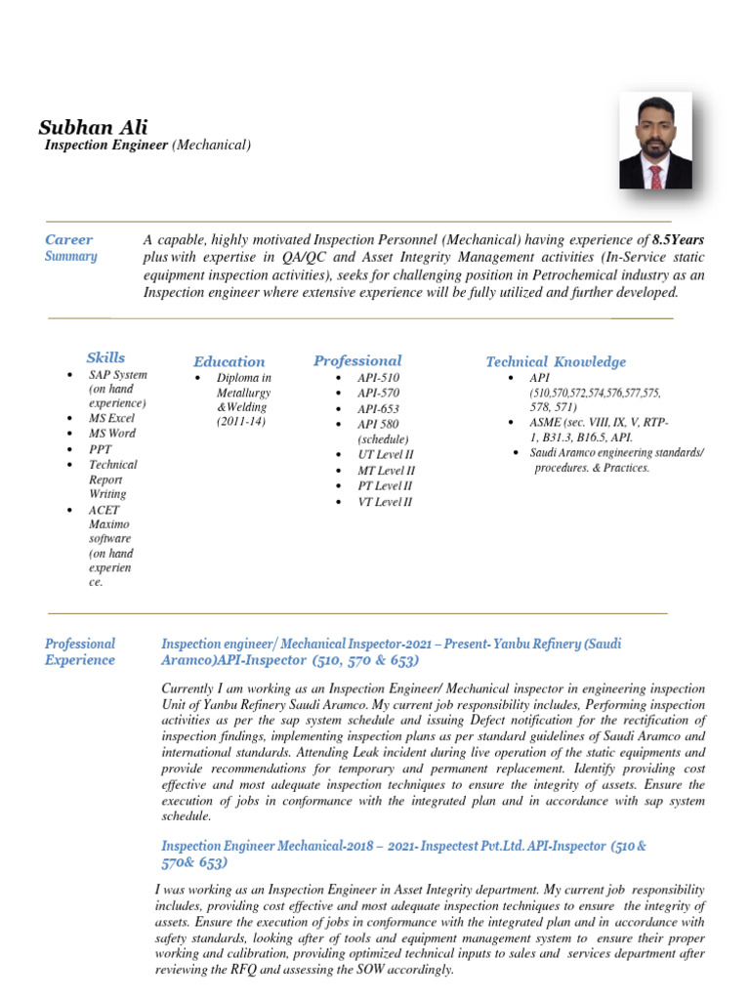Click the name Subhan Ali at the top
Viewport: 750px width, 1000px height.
pyautogui.click(x=93, y=127)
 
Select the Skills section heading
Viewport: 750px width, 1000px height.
pyautogui.click(x=105, y=357)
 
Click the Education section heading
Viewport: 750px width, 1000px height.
pyautogui.click(x=229, y=361)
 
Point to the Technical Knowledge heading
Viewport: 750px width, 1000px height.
pyautogui.click(x=556, y=361)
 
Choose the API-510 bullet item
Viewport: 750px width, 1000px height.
pyautogui.click(x=378, y=378)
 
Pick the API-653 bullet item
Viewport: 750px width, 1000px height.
pyautogui.click(x=378, y=409)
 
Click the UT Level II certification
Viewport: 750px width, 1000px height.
pyautogui.click(x=386, y=455)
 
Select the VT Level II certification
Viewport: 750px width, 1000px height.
pyautogui.click(x=385, y=502)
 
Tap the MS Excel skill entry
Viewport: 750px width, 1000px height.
pyautogui.click(x=112, y=418)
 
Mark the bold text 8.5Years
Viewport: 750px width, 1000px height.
pyautogui.click(x=678, y=240)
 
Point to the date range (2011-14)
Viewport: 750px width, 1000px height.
pyautogui.click(x=241, y=422)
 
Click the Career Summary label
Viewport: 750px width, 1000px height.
pyautogui.click(x=70, y=248)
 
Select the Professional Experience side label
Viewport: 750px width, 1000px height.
pyautogui.click(x=80, y=651)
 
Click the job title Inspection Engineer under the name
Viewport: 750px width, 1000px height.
pyautogui.click(x=106, y=146)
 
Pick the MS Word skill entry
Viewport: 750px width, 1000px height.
pyautogui.click(x=112, y=434)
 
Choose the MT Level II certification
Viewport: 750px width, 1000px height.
pyautogui.click(x=386, y=471)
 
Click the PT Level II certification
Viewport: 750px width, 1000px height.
pyautogui.click(x=385, y=486)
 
